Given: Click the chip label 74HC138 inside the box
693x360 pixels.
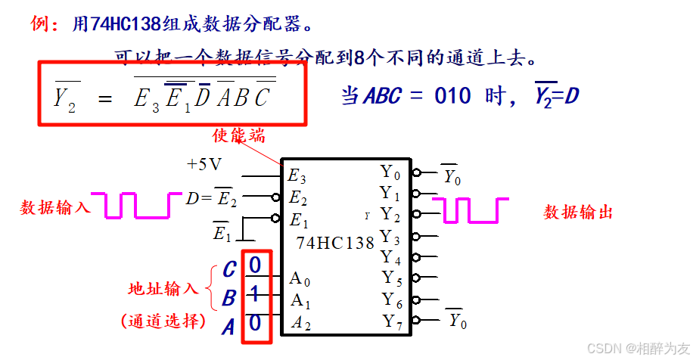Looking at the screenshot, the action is [335, 244].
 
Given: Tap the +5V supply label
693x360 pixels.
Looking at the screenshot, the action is [204, 163].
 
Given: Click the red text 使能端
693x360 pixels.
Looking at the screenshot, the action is [238, 135].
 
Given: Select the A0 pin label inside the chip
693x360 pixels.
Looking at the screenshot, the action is [300, 278].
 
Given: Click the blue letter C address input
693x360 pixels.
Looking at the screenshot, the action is [228, 269].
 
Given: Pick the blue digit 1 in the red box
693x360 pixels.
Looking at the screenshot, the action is [255, 293].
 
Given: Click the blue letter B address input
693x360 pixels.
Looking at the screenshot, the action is [228, 299].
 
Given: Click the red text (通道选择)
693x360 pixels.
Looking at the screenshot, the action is [163, 321].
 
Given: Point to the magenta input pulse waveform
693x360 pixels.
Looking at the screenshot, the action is [137, 205].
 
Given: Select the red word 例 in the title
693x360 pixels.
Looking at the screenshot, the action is [39, 23].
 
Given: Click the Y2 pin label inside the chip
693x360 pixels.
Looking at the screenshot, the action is [390, 214].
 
